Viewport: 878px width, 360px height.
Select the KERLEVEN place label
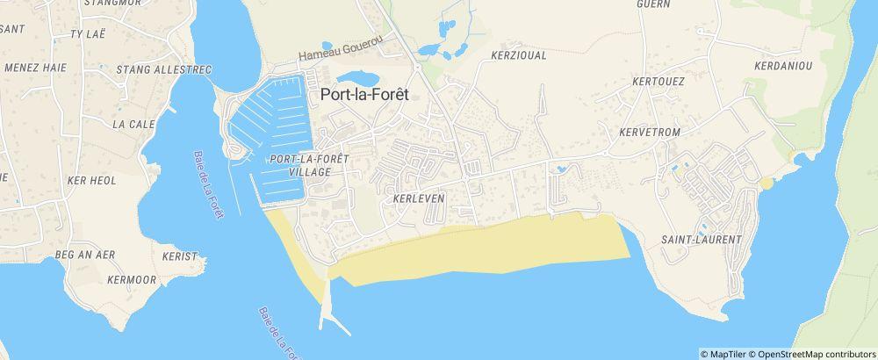pyautogui.click(x=421, y=198)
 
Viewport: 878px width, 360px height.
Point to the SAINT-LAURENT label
pyautogui.click(x=701, y=239)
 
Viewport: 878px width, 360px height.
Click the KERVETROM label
pyautogui.click(x=649, y=130)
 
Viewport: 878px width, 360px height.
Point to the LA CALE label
pyautogui.click(x=131, y=124)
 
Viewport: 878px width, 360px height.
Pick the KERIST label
pyautogui.click(x=180, y=257)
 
